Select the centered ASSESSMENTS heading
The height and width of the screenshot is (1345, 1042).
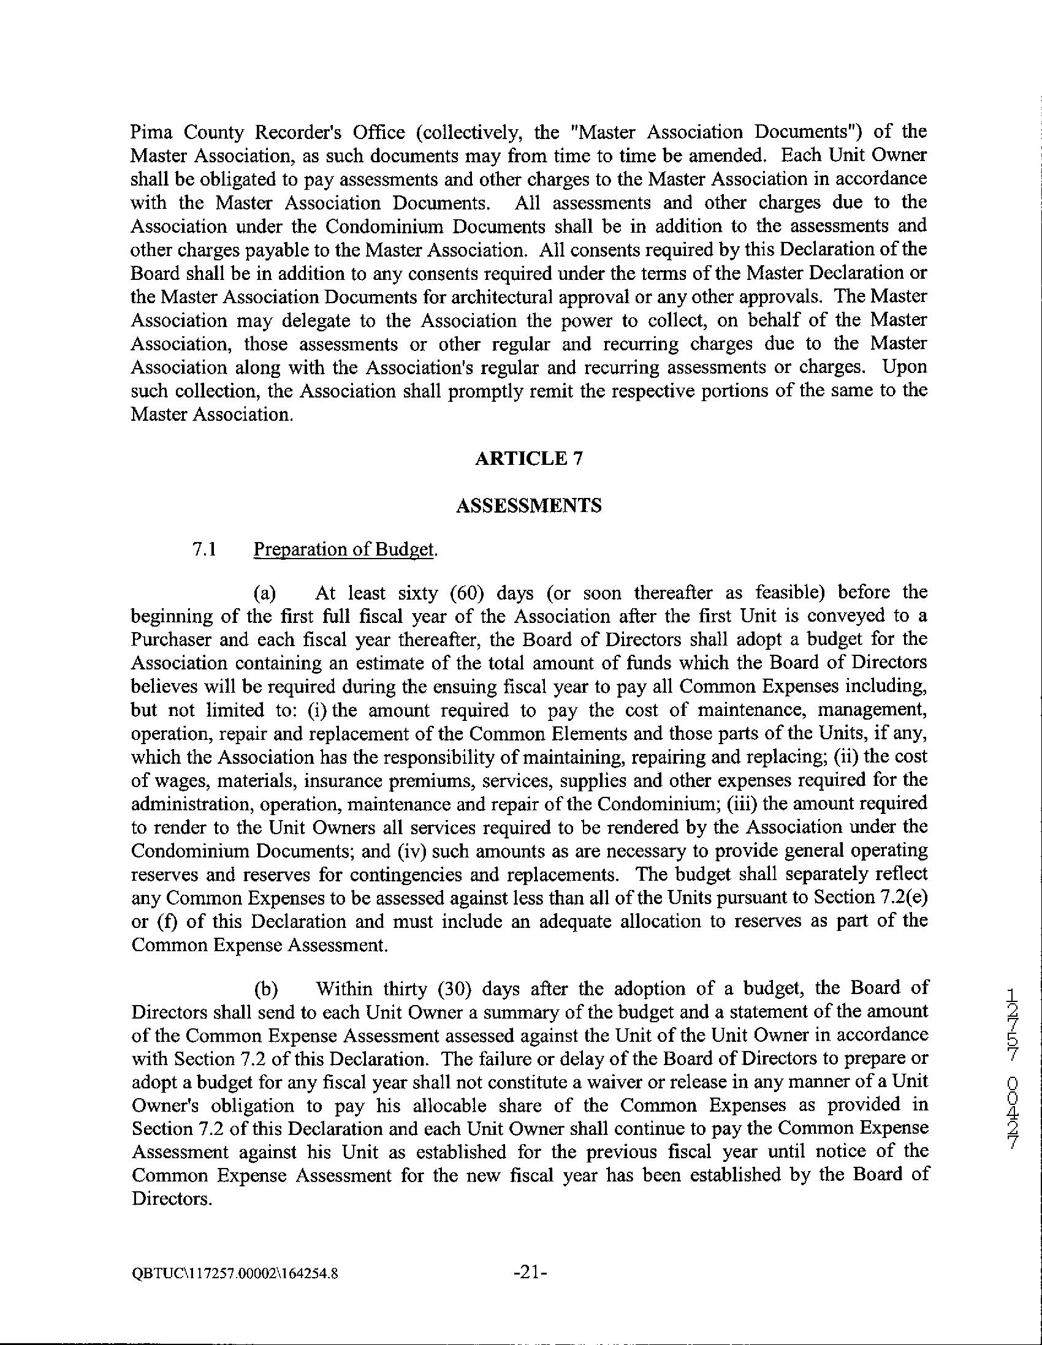[529, 506]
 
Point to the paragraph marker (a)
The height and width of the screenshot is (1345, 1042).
[265, 592]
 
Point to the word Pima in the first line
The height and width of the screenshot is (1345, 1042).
[150, 132]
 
